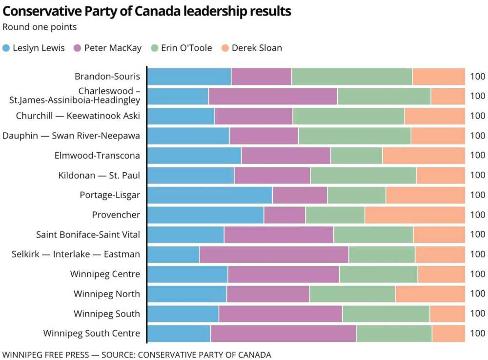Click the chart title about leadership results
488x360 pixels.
(147, 11)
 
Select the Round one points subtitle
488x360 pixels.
(40, 27)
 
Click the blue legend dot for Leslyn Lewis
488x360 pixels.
(6, 48)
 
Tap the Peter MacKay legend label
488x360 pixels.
(113, 48)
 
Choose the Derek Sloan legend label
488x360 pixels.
(257, 48)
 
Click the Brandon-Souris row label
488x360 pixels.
(107, 77)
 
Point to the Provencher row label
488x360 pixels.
(116, 215)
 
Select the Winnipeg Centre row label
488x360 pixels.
(105, 274)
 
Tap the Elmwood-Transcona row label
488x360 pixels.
(98, 156)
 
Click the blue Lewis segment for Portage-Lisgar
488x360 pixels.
(210, 195)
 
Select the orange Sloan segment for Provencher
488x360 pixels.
(415, 215)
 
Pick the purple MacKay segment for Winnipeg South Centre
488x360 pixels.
(283, 334)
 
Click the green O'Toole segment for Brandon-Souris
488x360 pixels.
(352, 77)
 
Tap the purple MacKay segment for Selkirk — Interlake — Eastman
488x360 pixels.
(274, 254)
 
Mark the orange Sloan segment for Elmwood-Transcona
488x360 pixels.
(424, 156)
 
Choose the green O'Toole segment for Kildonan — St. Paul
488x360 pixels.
(363, 175)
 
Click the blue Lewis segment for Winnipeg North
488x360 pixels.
(187, 294)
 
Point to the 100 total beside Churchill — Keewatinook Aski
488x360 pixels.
(478, 116)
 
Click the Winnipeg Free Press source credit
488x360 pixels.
(137, 355)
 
